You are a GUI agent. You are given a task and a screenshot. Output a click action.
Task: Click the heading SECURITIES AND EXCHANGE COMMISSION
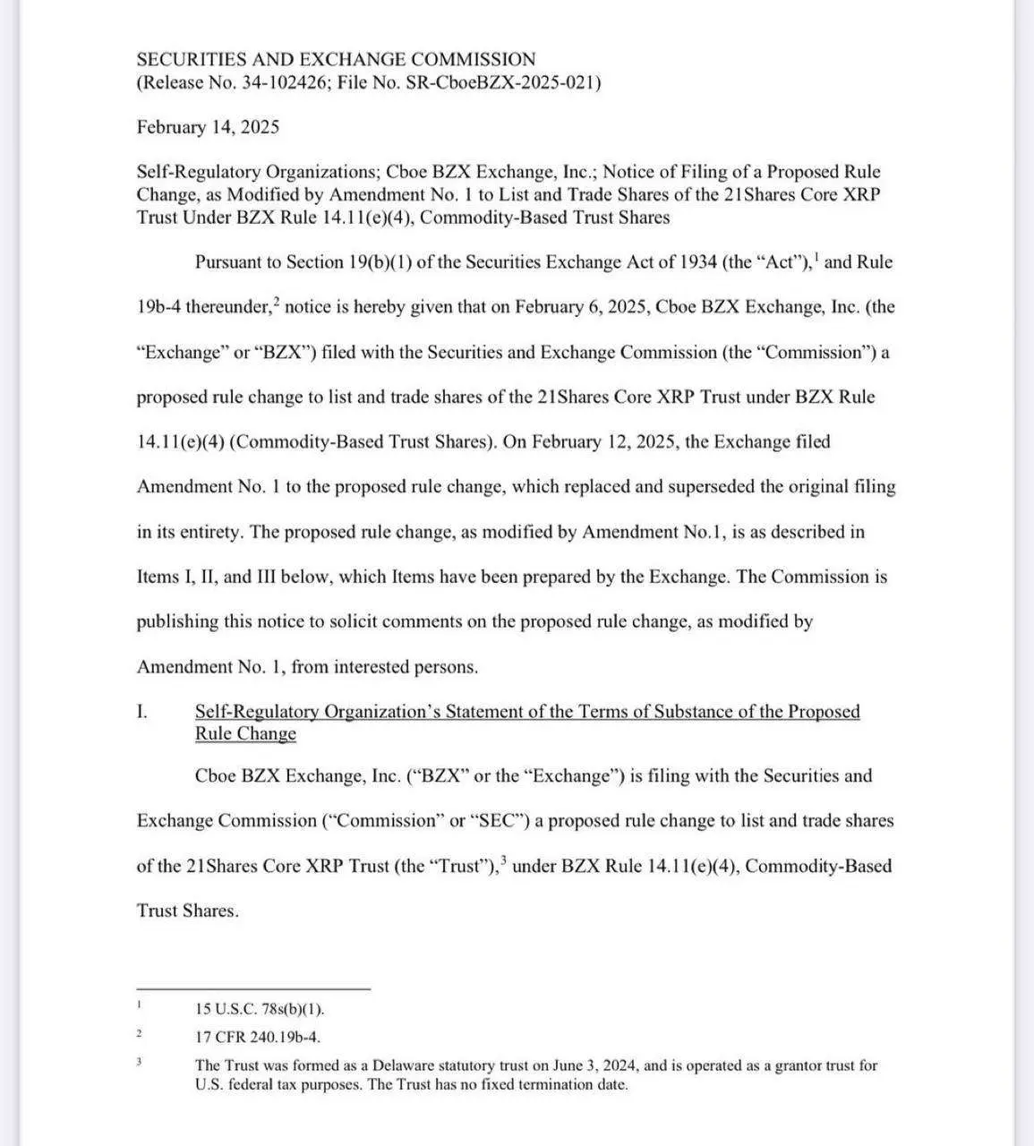336,60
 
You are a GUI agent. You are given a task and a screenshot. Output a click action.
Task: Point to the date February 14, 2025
208,127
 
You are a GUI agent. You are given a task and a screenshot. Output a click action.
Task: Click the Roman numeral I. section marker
141,712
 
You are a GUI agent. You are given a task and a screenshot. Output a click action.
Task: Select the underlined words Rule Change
245,734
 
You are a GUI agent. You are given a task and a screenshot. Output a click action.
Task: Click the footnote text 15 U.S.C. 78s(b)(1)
260,1009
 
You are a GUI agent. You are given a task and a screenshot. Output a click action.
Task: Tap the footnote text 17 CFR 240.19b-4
258,1037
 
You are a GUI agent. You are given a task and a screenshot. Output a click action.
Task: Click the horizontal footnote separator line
253,989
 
